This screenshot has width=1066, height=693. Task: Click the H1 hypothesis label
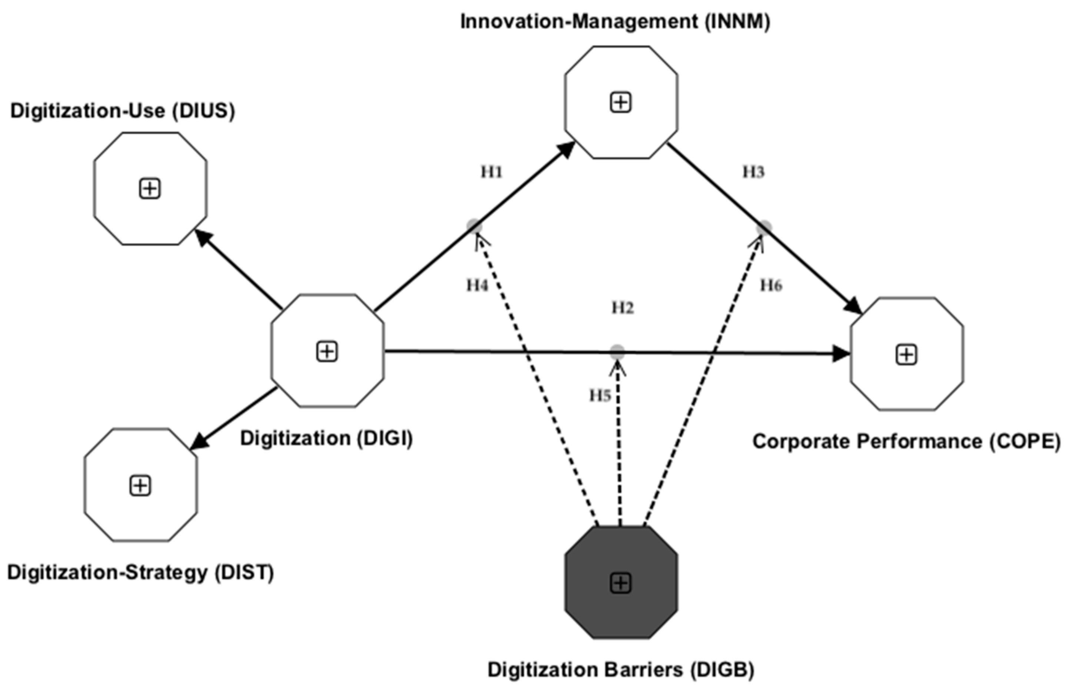tap(492, 171)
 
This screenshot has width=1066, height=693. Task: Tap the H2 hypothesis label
tap(623, 308)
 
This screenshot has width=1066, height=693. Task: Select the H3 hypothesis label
tap(754, 171)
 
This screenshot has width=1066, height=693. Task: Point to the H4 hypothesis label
tap(477, 285)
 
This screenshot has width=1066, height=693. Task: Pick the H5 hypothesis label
tap(600, 396)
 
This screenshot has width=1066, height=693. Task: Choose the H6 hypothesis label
tap(771, 285)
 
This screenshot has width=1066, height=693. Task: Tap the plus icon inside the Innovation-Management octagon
tap(621, 103)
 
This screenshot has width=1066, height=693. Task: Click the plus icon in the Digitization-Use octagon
tap(150, 189)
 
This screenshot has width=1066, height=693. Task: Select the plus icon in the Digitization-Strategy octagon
tap(140, 486)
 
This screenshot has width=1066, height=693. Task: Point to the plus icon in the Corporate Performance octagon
tap(907, 355)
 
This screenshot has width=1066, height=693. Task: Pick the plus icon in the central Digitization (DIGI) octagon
tap(327, 352)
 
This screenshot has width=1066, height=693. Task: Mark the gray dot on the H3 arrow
tap(764, 227)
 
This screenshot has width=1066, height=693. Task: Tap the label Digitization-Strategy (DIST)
tap(140, 573)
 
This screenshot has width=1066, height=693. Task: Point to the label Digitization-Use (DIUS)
tap(122, 111)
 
